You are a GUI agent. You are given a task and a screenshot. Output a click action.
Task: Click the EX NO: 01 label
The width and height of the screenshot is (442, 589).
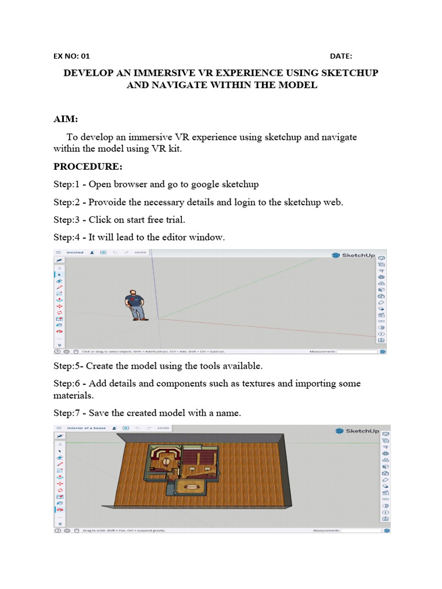72,56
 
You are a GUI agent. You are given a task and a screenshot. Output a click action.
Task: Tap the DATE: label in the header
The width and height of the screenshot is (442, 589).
341,56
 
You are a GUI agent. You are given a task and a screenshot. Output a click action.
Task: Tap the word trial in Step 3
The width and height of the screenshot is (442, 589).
173,220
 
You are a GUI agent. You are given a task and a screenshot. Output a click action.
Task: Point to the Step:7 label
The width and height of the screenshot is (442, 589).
67,412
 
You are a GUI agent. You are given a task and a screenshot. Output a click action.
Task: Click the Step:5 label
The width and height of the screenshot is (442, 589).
67,366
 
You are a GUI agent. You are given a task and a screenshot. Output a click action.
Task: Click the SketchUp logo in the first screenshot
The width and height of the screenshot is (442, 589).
353,255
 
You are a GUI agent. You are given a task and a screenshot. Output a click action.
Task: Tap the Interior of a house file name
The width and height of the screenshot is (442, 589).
86,429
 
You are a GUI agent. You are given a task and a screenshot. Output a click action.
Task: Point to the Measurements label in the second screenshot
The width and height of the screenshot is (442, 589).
325,531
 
